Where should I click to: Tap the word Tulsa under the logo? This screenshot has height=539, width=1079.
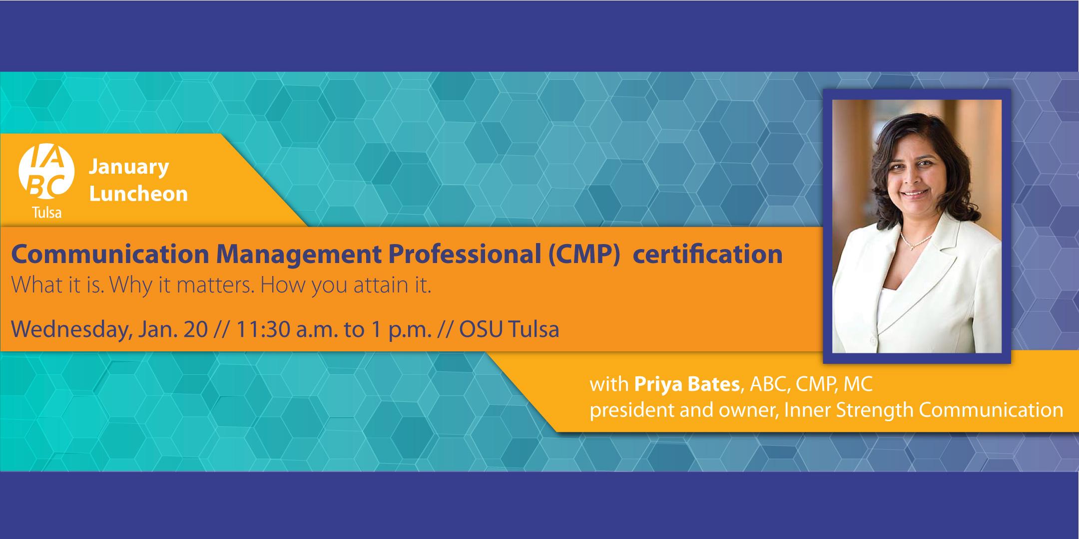pos(46,213)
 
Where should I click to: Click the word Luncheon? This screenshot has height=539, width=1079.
pos(138,194)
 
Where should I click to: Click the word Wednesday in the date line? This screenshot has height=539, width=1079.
pos(68,330)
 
